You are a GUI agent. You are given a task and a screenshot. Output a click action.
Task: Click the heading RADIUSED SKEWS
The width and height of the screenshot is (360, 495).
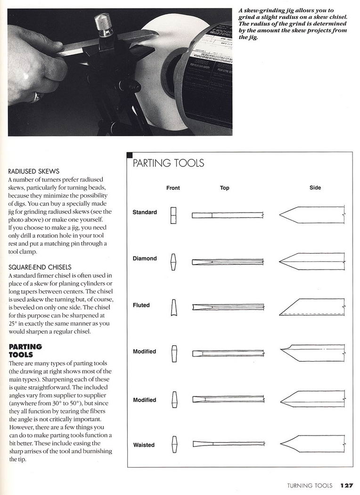point(34,171)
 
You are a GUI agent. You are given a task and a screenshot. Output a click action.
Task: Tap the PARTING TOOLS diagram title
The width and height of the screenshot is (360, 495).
point(168,163)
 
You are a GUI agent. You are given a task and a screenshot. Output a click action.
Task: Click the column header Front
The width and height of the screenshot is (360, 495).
point(173,188)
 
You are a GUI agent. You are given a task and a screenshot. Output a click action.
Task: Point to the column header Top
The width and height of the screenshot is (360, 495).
point(224,188)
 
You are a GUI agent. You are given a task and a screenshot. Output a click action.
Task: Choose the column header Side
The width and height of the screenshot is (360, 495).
point(315,188)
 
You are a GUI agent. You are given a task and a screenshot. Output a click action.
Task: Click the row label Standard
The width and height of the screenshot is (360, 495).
point(145,212)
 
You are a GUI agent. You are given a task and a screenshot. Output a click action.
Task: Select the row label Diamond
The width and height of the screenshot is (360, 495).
point(145,258)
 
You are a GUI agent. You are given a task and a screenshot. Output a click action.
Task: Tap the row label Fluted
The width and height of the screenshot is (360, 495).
point(141,305)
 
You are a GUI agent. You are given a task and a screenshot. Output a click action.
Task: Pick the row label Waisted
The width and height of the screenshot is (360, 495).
point(143,445)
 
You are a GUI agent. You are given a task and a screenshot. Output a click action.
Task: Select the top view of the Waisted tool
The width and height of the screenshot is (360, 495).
point(227,444)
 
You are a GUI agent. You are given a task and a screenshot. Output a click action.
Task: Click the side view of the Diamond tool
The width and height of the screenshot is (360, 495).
point(312,261)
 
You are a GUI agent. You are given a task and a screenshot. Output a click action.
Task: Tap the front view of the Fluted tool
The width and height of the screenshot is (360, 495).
point(173,307)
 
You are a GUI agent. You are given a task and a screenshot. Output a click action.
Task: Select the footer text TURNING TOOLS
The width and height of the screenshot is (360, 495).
point(310,485)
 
